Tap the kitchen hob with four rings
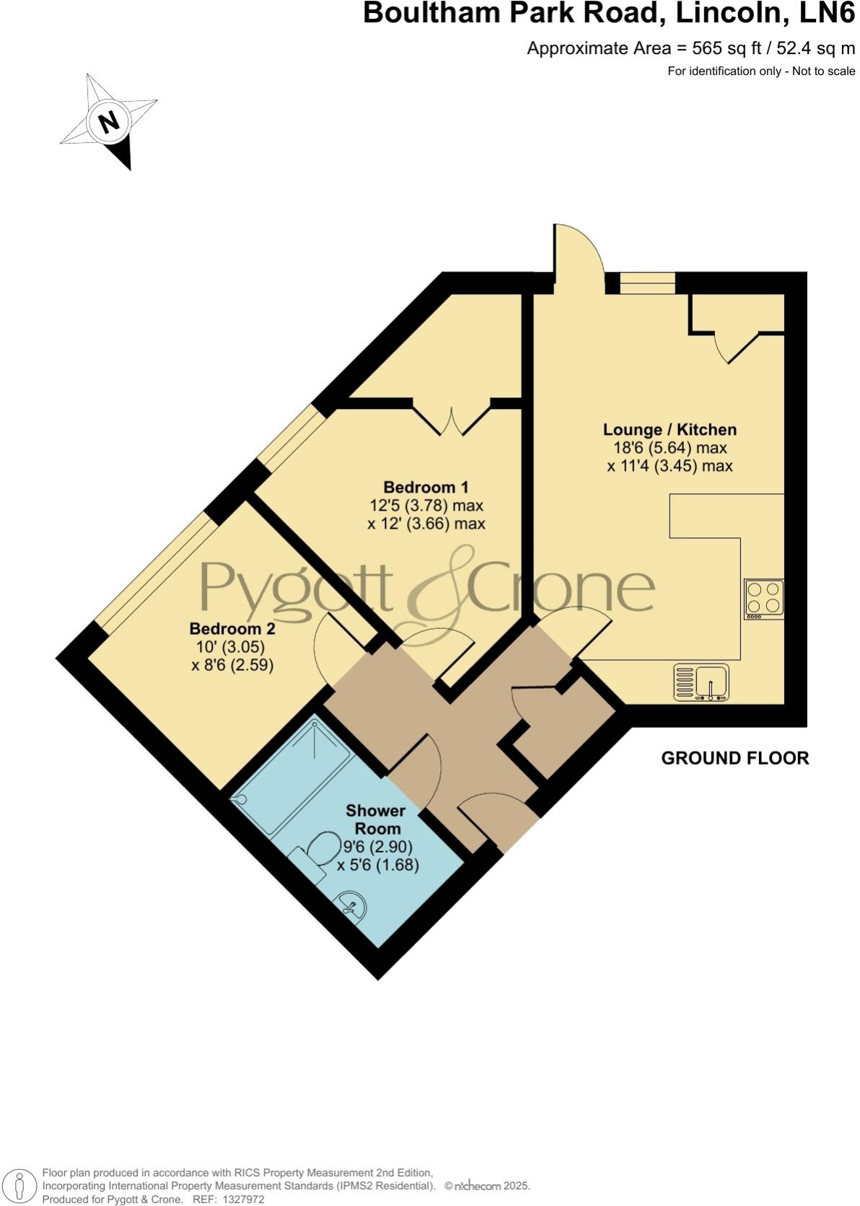[x=764, y=599]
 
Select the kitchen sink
[x=701, y=682]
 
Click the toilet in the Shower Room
[x=318, y=855]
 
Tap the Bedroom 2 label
[x=232, y=628]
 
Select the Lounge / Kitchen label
[x=670, y=430]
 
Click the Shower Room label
[x=375, y=819]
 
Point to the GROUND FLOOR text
[x=734, y=758]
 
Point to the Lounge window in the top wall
[x=648, y=283]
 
